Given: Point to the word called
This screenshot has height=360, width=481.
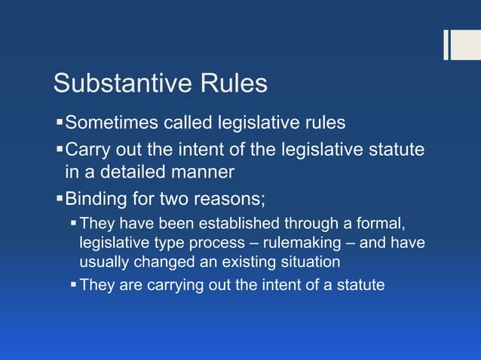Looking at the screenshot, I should click(x=188, y=123).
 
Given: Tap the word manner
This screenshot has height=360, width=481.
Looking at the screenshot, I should click(x=203, y=172).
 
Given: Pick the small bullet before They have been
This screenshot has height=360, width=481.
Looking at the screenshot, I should click(x=73, y=224).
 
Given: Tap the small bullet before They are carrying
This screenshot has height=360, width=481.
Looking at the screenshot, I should click(x=73, y=285).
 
